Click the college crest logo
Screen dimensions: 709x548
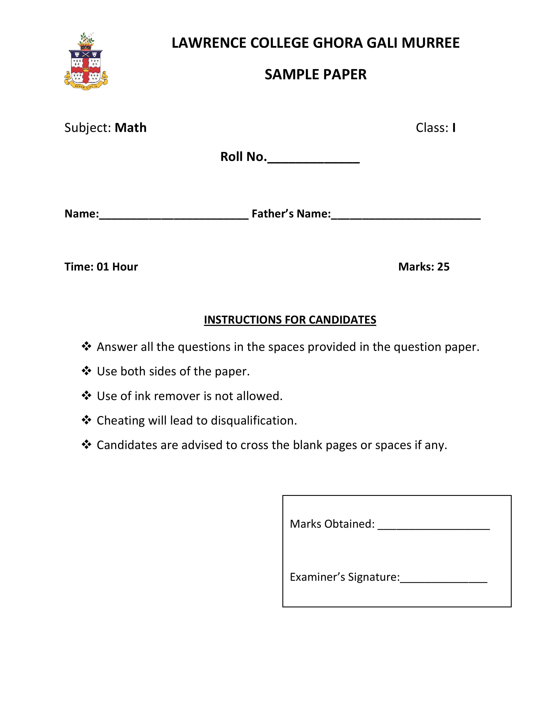86,62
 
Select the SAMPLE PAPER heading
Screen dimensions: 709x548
315,74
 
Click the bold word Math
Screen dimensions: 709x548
130,128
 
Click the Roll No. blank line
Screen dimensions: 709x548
313,161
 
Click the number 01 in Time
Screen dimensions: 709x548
103,267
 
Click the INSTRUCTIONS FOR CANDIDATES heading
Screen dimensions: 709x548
290,320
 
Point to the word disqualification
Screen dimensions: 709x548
254,421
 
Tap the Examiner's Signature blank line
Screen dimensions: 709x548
444,582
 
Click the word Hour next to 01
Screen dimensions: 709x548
125,267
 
